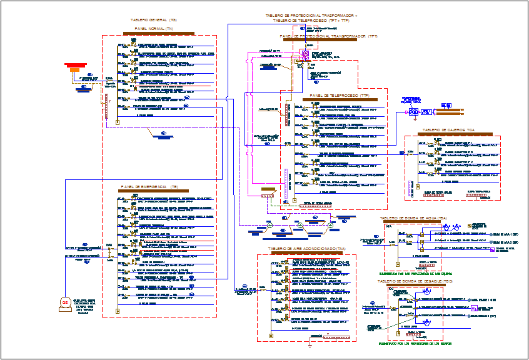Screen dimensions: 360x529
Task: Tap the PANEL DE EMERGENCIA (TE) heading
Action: tap(149, 187)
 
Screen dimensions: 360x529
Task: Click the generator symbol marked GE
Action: tap(63, 303)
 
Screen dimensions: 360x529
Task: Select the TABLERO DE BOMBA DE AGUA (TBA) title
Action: tap(413, 218)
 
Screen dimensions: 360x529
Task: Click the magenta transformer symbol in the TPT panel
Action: tap(306, 56)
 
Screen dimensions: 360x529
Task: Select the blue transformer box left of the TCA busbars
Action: tap(413, 112)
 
